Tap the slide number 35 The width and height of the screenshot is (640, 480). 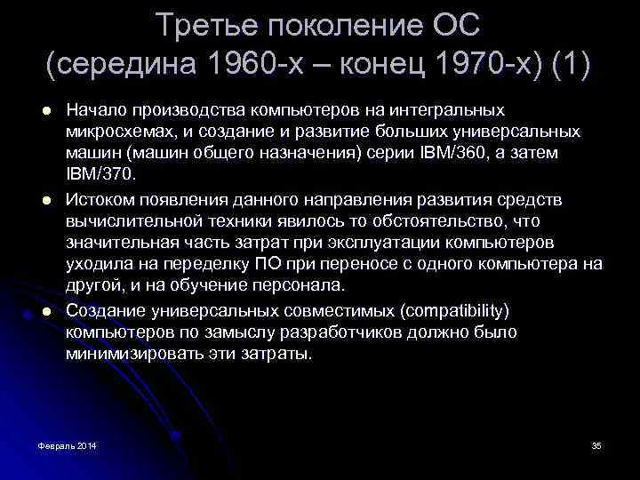[x=596, y=444]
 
